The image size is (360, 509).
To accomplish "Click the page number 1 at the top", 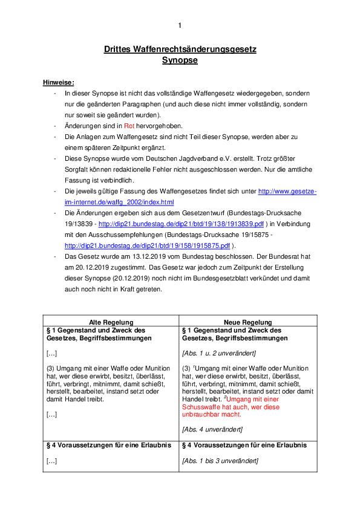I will tap(180, 25).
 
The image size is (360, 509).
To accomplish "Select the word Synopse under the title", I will tap(180, 60).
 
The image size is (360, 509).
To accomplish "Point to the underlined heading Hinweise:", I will tap(59, 82).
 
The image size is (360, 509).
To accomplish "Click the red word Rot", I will tap(128, 126).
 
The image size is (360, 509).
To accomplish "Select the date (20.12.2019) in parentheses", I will tap(122, 278).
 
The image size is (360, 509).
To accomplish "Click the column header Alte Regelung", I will tap(111, 322).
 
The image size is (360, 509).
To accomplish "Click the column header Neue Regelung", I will tap(247, 322).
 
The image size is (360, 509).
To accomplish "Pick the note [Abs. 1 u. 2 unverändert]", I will tap(219, 352).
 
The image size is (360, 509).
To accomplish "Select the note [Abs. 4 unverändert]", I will tap(212, 429).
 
